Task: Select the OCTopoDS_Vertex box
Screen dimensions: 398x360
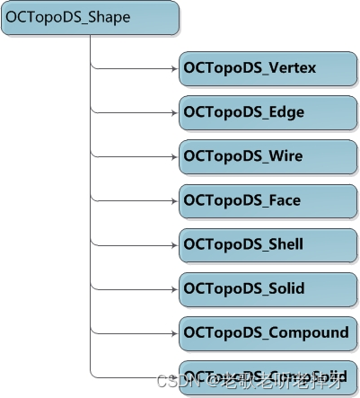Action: pyautogui.click(x=267, y=68)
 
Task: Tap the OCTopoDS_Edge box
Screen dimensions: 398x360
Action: pyautogui.click(x=267, y=112)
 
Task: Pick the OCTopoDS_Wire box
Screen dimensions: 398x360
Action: pyautogui.click(x=267, y=156)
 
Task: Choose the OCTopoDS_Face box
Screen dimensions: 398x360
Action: pyautogui.click(x=267, y=200)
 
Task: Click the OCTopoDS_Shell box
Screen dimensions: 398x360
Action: pyautogui.click(x=267, y=244)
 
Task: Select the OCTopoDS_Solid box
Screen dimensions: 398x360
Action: pyautogui.click(x=267, y=288)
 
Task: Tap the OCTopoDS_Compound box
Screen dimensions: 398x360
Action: pyautogui.click(x=267, y=332)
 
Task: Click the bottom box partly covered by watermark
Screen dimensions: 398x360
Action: pyautogui.click(x=267, y=375)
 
